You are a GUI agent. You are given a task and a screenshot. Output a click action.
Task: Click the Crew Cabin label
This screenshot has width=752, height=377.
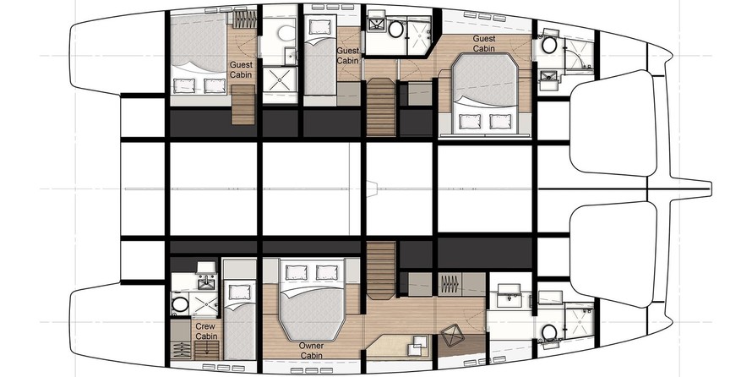[206, 331]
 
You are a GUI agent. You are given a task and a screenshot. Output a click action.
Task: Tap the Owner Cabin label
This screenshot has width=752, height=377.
[311, 351]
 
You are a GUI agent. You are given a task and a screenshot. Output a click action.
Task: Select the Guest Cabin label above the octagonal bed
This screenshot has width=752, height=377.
[484, 43]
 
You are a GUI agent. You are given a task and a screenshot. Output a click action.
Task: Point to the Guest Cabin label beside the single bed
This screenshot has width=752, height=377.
[348, 56]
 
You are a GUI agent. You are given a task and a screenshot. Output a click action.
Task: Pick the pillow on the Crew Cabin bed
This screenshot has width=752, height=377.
[239, 292]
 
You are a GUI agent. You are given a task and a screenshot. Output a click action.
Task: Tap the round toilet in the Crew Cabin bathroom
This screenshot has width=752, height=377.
[180, 304]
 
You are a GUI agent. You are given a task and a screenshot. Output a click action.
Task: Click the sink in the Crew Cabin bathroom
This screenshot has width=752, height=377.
[207, 282]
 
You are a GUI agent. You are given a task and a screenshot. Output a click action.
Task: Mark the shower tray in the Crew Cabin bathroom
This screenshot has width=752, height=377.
[204, 304]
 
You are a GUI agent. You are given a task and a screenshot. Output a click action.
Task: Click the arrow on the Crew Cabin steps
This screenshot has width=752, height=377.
[207, 350]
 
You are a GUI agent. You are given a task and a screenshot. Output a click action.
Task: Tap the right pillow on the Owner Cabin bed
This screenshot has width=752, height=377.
[326, 272]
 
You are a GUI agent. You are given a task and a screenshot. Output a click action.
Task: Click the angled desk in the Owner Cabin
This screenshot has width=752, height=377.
[398, 347]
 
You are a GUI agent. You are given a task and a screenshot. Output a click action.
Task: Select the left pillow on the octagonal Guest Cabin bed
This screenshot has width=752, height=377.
[470, 121]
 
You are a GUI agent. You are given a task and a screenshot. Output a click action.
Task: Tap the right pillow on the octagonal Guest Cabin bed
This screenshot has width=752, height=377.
[500, 121]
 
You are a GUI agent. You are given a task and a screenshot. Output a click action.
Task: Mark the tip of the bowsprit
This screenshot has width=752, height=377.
[711, 188]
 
